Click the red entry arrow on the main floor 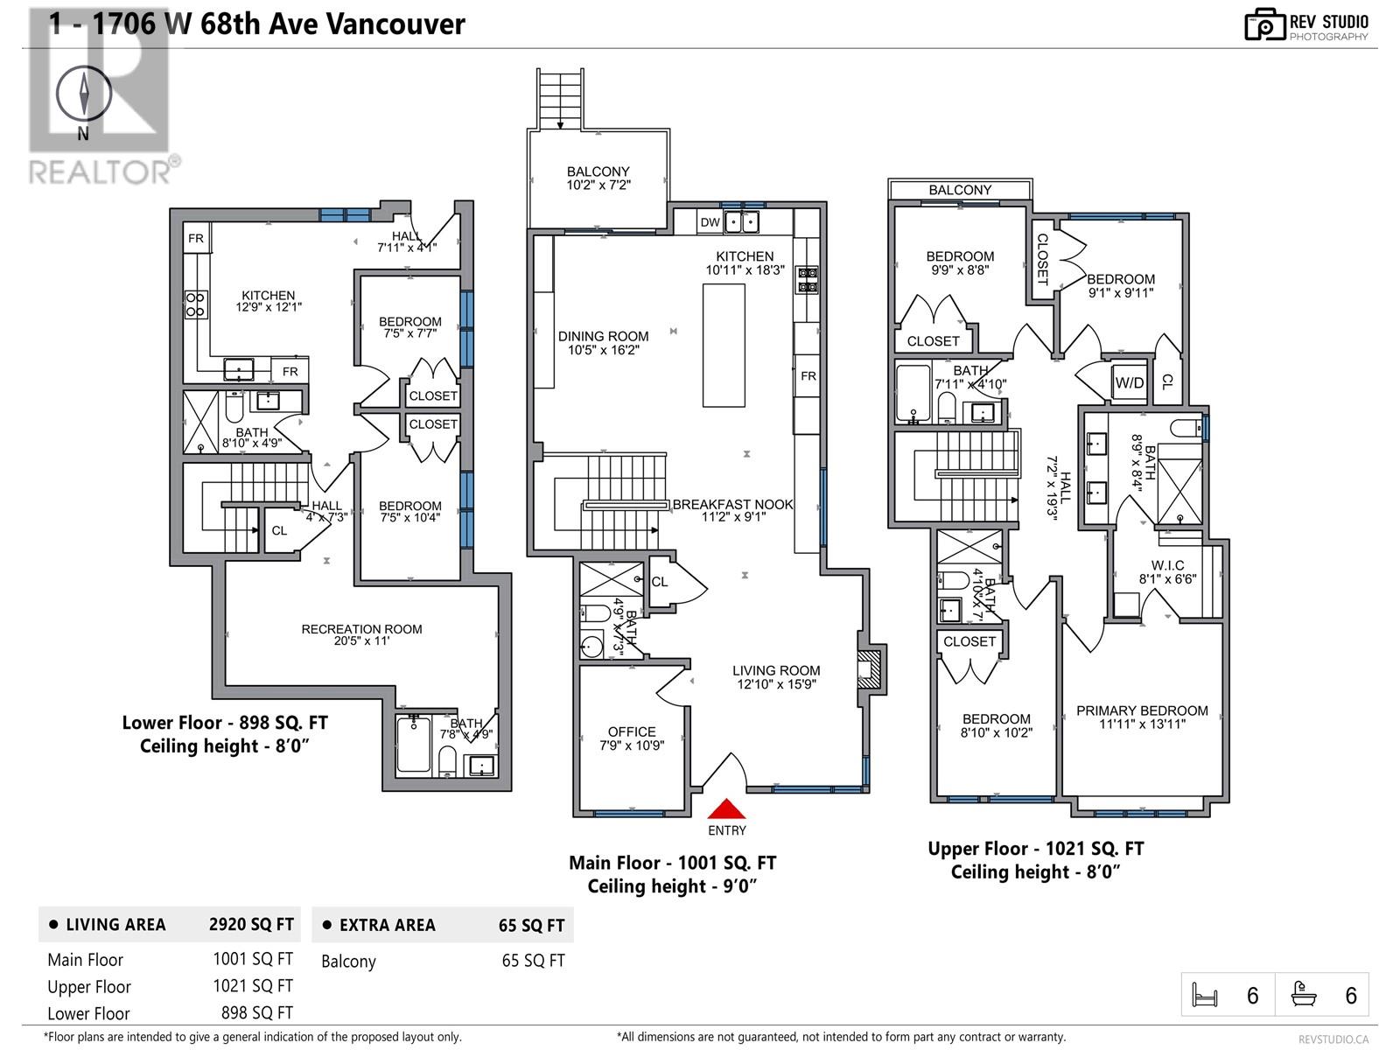coord(726,808)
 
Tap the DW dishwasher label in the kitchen coord(710,222)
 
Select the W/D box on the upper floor coord(1129,382)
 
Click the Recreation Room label coord(361,629)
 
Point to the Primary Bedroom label coord(1142,710)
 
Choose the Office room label coord(632,732)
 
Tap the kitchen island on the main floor coord(724,345)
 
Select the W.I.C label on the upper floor coord(1167,565)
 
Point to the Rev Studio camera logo coord(1264,24)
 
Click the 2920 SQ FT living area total coord(251,925)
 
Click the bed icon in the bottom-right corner coord(1205,995)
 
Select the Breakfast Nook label coord(732,505)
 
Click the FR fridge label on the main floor coord(808,376)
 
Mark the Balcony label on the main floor coord(598,171)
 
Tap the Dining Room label coord(604,336)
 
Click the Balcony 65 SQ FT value coord(533,961)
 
